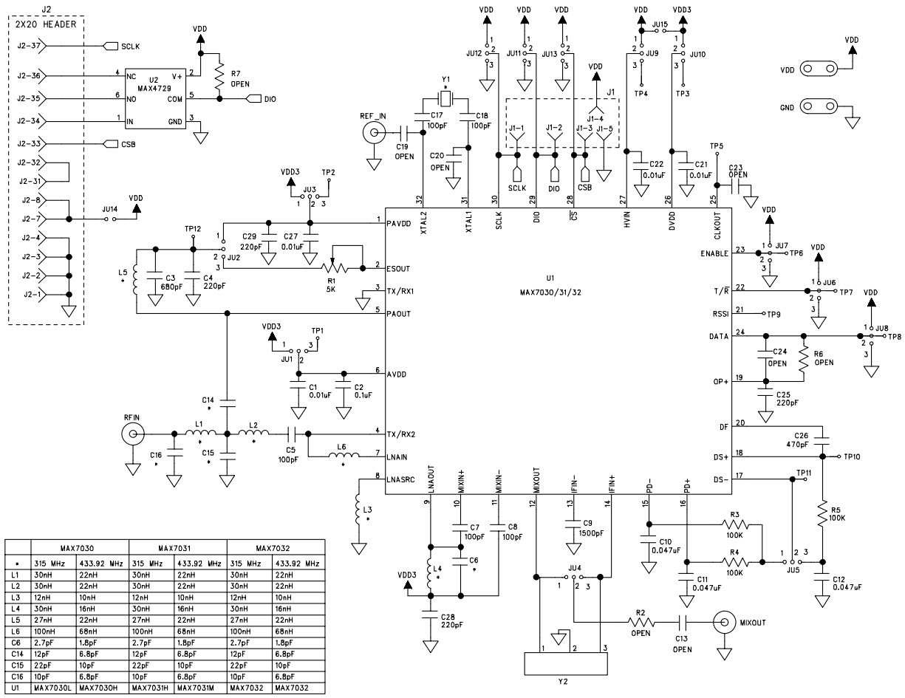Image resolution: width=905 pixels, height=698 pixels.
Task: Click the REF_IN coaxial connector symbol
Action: click(373, 134)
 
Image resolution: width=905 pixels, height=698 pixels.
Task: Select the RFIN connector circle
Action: click(133, 437)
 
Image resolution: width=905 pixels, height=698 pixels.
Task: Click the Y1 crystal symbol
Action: click(445, 99)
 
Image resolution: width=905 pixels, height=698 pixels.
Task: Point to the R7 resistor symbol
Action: click(219, 75)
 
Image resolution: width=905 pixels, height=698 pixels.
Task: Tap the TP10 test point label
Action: click(856, 457)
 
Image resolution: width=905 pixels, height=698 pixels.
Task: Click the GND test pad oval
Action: click(817, 108)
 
